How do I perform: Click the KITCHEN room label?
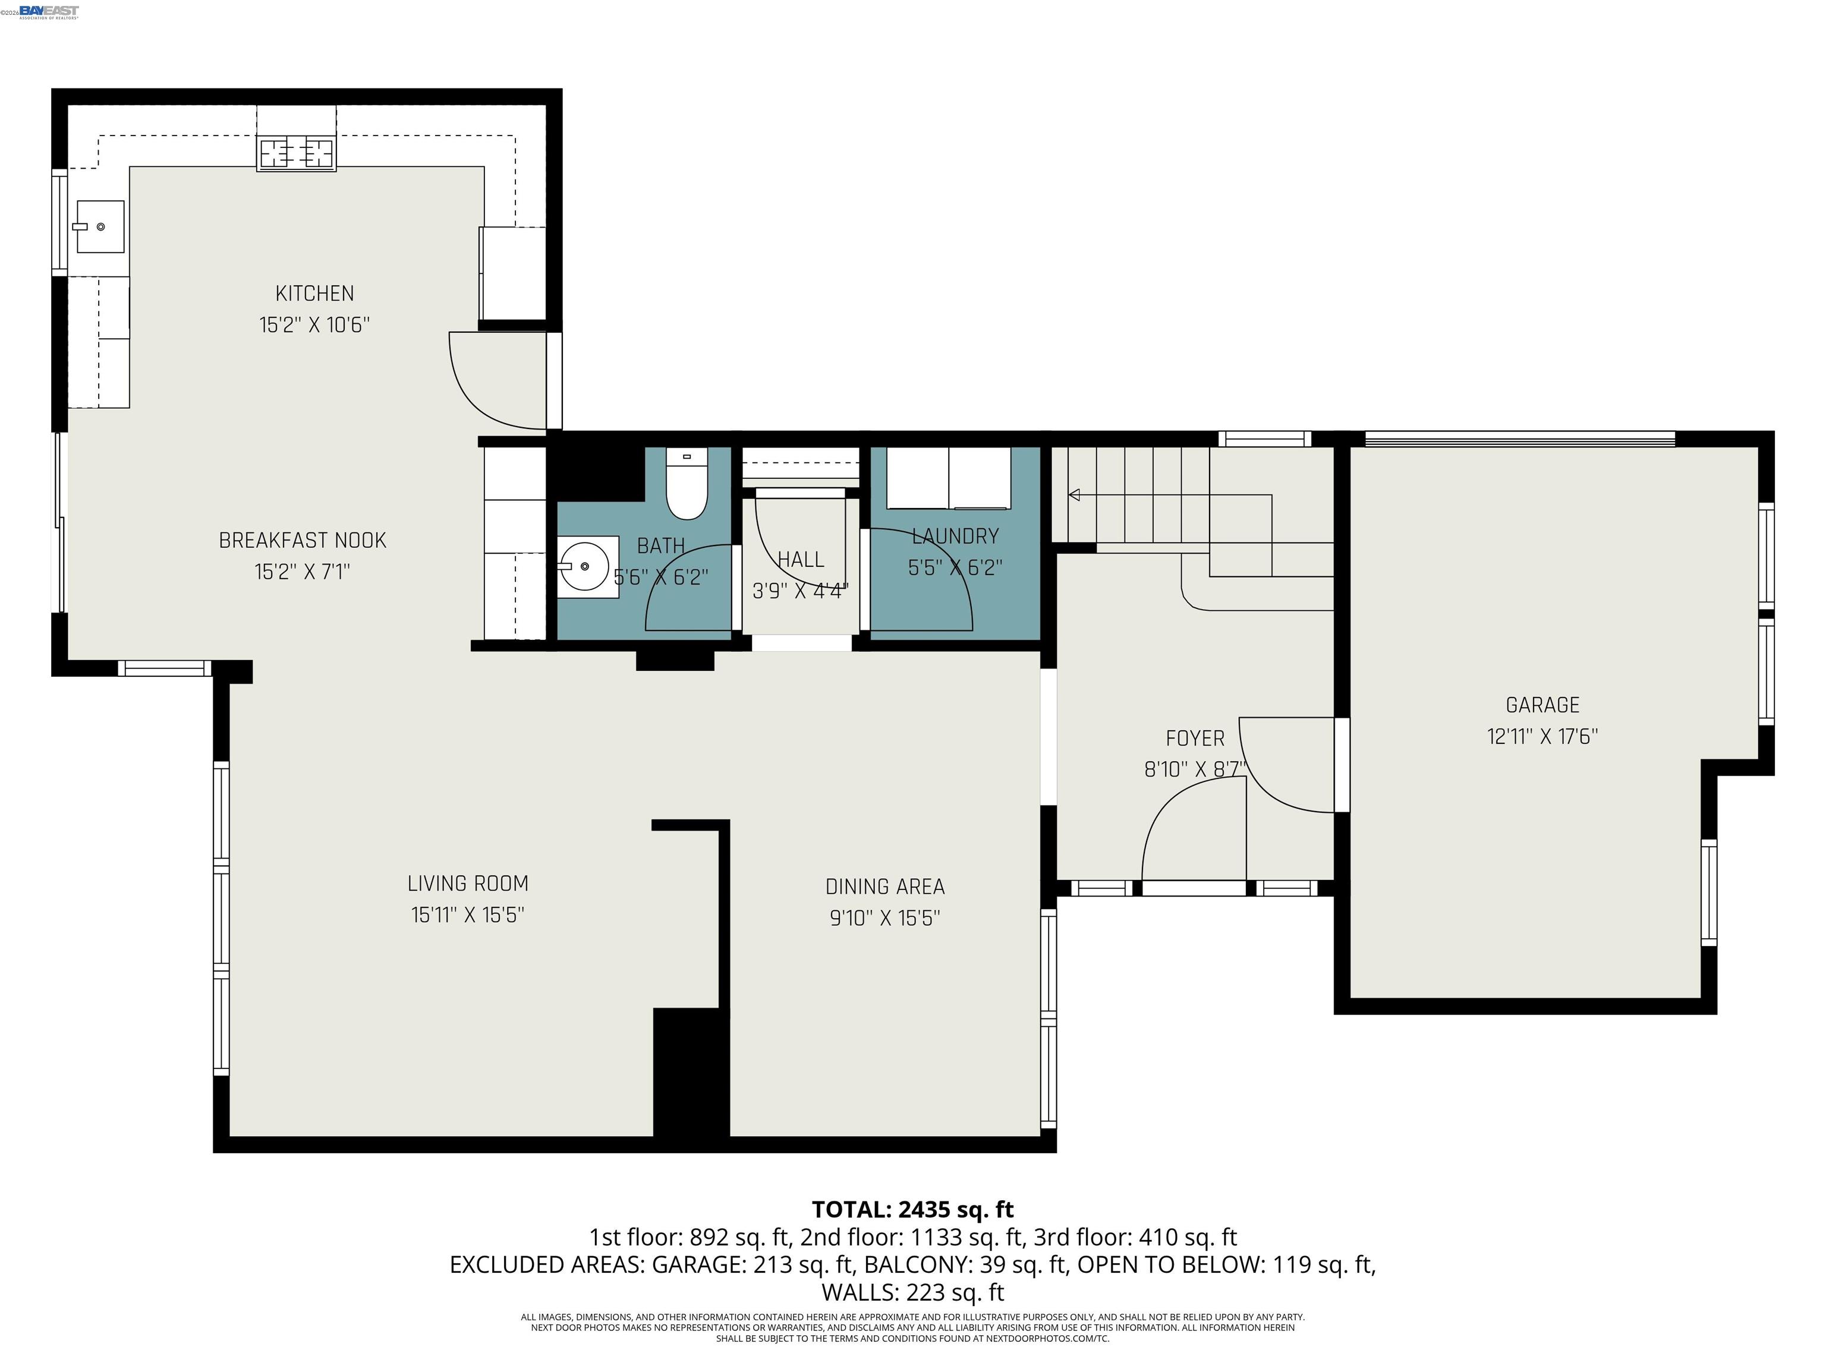point(314,293)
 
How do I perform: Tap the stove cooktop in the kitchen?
point(297,153)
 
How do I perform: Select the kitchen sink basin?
point(100,226)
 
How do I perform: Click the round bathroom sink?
point(584,567)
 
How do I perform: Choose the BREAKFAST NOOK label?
point(302,541)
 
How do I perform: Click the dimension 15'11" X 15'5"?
point(468,915)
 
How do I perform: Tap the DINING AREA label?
point(885,887)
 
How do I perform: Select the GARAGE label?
point(1542,705)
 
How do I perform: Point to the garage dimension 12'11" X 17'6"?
point(1542,736)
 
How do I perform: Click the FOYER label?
point(1195,739)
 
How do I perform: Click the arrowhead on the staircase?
point(1074,495)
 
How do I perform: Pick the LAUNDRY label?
point(955,537)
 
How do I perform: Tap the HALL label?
point(801,560)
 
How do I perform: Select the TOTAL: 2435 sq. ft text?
point(912,1210)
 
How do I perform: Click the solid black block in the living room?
point(690,1073)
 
